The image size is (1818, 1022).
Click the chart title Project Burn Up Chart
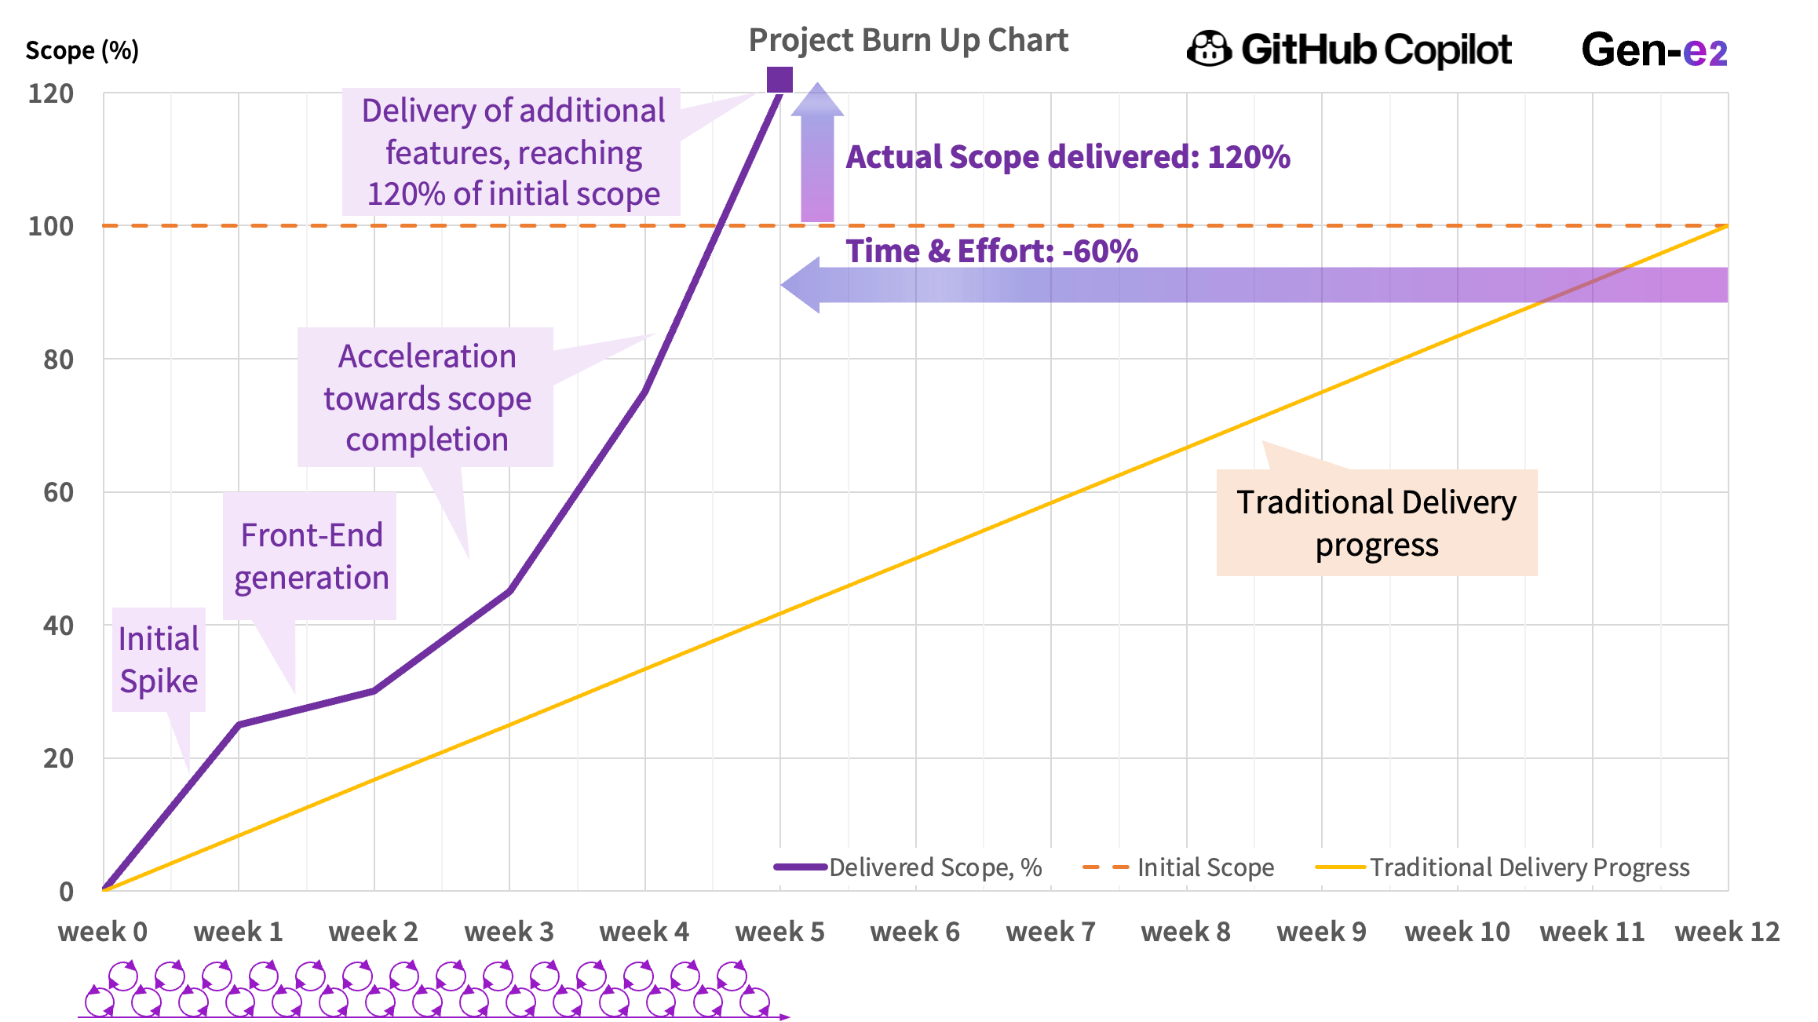[x=907, y=41]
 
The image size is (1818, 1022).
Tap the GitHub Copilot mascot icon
[x=1209, y=49]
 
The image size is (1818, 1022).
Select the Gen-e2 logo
[x=1654, y=50]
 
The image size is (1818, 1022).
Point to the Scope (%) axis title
[x=82, y=51]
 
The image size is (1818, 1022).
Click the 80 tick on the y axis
[x=59, y=360]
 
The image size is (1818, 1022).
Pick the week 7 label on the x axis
[x=1050, y=932]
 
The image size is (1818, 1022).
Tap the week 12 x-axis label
[x=1726, y=932]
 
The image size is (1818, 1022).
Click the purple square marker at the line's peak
[x=779, y=79]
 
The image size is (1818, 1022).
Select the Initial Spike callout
[x=159, y=660]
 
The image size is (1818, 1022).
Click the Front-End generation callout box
[x=311, y=557]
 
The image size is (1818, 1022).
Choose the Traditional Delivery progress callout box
[x=1376, y=523]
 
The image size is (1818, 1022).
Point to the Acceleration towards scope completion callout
[x=426, y=398]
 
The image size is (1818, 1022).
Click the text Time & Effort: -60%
[x=991, y=251]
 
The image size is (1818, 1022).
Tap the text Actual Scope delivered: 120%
[x=1068, y=157]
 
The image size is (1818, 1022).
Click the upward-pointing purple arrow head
[x=817, y=100]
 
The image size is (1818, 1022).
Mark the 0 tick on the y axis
[x=66, y=892]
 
